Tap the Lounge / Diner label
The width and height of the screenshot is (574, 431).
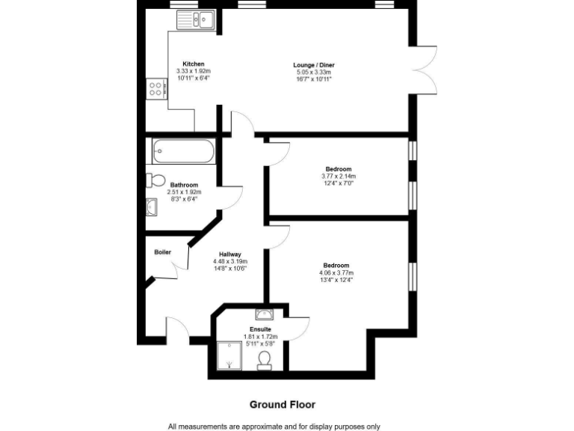click(x=312, y=65)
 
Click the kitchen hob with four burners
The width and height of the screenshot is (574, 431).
click(x=156, y=90)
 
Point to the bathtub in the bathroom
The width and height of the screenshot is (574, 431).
click(x=184, y=153)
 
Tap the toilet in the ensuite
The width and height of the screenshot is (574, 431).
click(x=264, y=361)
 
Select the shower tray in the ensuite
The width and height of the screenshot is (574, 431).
click(x=227, y=356)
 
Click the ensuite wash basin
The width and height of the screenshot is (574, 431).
click(x=263, y=314)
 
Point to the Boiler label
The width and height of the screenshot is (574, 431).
click(x=162, y=252)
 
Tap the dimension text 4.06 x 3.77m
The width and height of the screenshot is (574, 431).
click(x=336, y=273)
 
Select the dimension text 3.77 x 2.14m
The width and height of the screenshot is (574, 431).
click(x=338, y=176)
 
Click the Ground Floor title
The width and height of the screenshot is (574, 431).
click(x=282, y=404)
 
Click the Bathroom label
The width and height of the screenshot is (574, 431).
click(x=184, y=185)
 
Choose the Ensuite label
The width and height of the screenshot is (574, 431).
click(x=260, y=329)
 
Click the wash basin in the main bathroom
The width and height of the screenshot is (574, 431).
click(x=152, y=207)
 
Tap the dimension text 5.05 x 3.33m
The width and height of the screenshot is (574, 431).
click(x=312, y=72)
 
